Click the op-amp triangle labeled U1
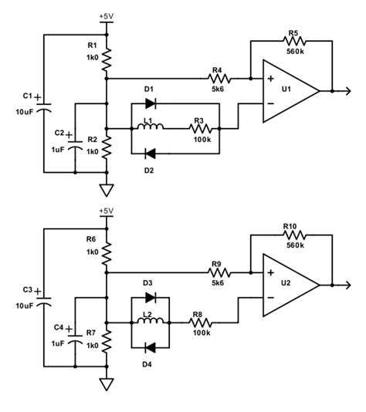289,91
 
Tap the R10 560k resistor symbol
293,235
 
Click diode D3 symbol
151,297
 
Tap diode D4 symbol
151,346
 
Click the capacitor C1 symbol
42,104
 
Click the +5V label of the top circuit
107,15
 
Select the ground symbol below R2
107,191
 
